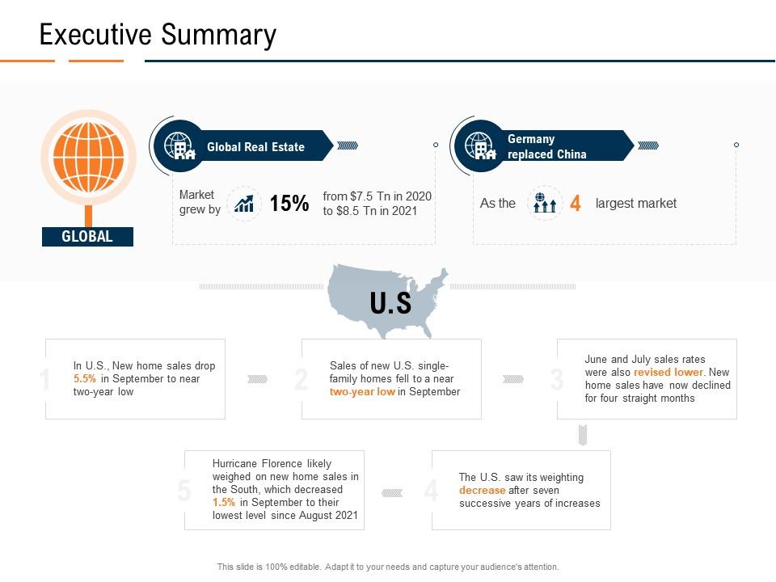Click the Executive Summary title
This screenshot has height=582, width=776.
click(158, 35)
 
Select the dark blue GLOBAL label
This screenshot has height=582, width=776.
click(87, 237)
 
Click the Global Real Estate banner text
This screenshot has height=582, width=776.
click(255, 147)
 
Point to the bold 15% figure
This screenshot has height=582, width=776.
click(289, 204)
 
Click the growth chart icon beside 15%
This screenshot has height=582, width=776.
click(243, 204)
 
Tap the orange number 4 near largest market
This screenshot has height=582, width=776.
click(575, 204)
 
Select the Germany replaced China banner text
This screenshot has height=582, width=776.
click(546, 146)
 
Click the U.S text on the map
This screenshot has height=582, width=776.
click(390, 303)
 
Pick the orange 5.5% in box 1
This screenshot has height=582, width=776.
click(85, 379)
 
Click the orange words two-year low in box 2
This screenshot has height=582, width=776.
click(362, 392)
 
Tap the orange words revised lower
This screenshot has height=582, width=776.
click(668, 373)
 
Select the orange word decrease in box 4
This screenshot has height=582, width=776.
click(482, 491)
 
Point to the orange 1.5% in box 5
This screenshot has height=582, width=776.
click(224, 502)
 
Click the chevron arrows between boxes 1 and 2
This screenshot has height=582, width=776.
click(257, 379)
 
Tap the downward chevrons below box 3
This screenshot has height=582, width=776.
click(582, 435)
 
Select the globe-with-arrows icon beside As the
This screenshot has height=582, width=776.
click(545, 204)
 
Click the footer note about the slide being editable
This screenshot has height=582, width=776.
click(388, 567)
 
